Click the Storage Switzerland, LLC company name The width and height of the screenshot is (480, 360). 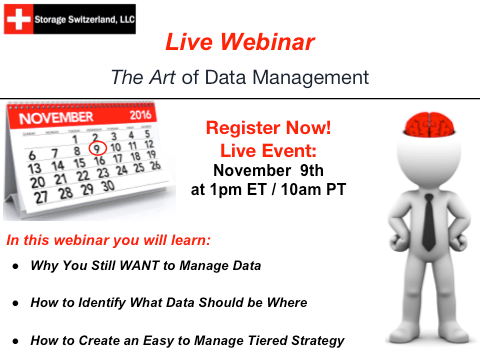pyautogui.click(x=85, y=18)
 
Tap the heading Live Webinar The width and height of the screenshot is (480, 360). pyautogui.click(x=239, y=42)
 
